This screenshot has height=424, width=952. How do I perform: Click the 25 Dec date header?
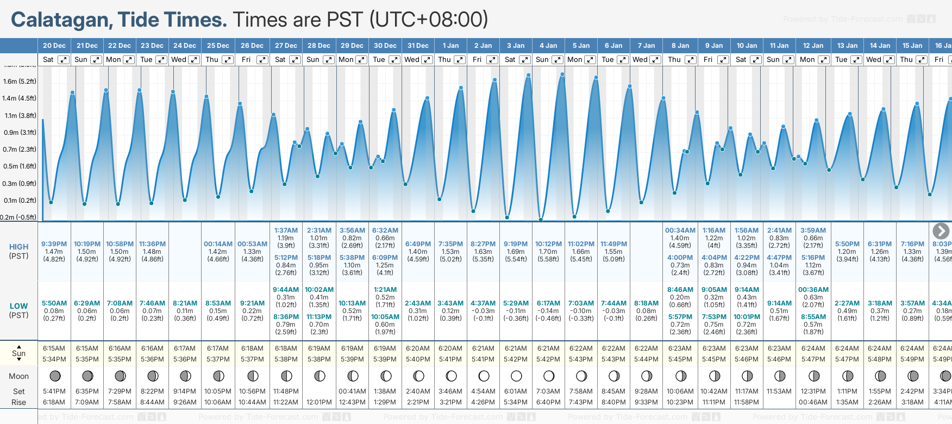click(x=218, y=46)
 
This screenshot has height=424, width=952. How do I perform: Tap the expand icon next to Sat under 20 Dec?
click(x=64, y=60)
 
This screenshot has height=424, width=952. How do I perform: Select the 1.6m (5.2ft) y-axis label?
click(x=20, y=82)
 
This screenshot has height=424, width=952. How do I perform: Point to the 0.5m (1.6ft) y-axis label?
click(x=20, y=166)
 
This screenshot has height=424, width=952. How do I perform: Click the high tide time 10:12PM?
click(x=548, y=244)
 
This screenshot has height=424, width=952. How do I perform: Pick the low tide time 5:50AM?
click(x=54, y=303)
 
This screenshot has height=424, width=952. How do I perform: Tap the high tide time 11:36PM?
click(x=152, y=244)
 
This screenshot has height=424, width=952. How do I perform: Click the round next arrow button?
click(x=941, y=231)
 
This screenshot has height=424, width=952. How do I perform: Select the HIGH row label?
click(x=18, y=247)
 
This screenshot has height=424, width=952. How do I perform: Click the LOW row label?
click(x=18, y=306)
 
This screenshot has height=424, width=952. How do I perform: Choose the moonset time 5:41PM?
click(x=54, y=391)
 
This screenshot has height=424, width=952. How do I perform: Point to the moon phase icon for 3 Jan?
click(x=516, y=376)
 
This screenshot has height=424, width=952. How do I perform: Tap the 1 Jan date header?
click(x=450, y=46)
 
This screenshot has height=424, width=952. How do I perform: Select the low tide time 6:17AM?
click(x=548, y=303)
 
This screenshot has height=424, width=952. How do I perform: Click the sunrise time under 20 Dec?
click(x=54, y=348)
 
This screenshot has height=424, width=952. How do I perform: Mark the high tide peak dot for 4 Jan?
click(x=562, y=74)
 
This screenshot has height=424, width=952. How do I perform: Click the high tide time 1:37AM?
click(x=286, y=230)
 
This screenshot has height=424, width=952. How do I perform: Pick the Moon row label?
click(x=18, y=376)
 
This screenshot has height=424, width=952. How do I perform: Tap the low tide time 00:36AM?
click(x=813, y=290)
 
